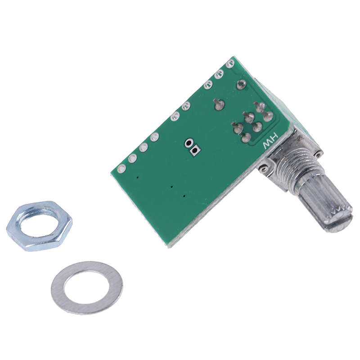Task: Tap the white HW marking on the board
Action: coord(271,143)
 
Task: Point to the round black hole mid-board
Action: coord(189,143)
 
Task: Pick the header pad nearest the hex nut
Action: coord(121,170)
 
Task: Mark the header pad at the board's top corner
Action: coord(230,64)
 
